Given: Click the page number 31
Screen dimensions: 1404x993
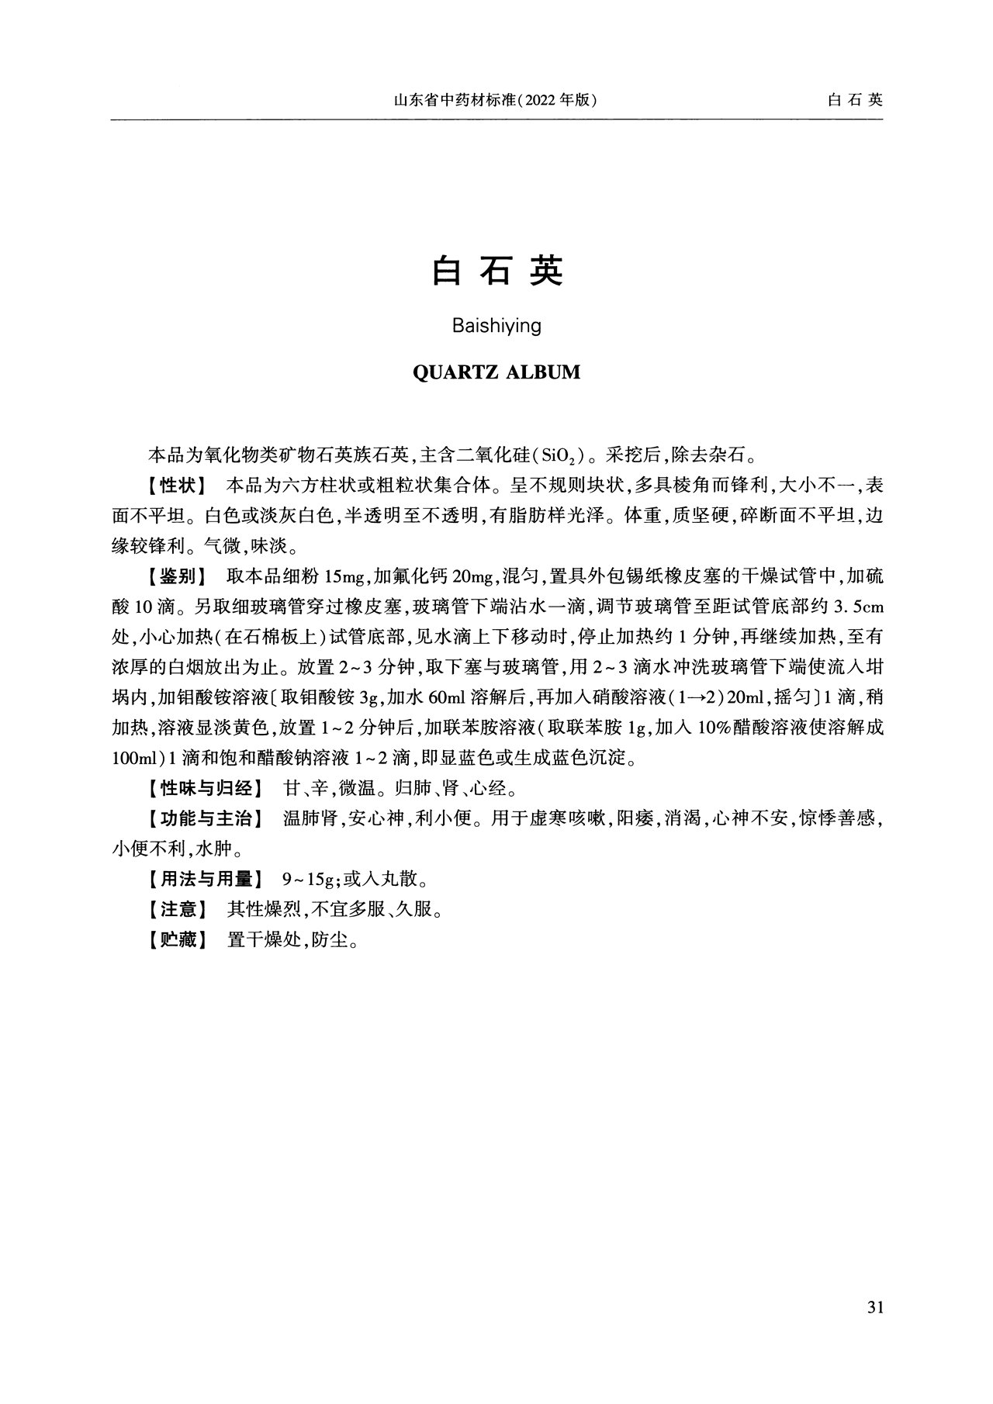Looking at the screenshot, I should point(874,1308).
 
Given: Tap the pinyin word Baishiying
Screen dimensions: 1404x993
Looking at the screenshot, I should point(496,326).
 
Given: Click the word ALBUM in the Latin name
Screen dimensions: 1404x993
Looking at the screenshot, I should point(542,372).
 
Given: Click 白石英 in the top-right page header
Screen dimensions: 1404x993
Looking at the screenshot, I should point(856,100).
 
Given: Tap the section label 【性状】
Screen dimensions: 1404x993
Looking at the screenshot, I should point(175,486).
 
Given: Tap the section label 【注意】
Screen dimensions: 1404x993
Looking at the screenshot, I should point(175,910).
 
